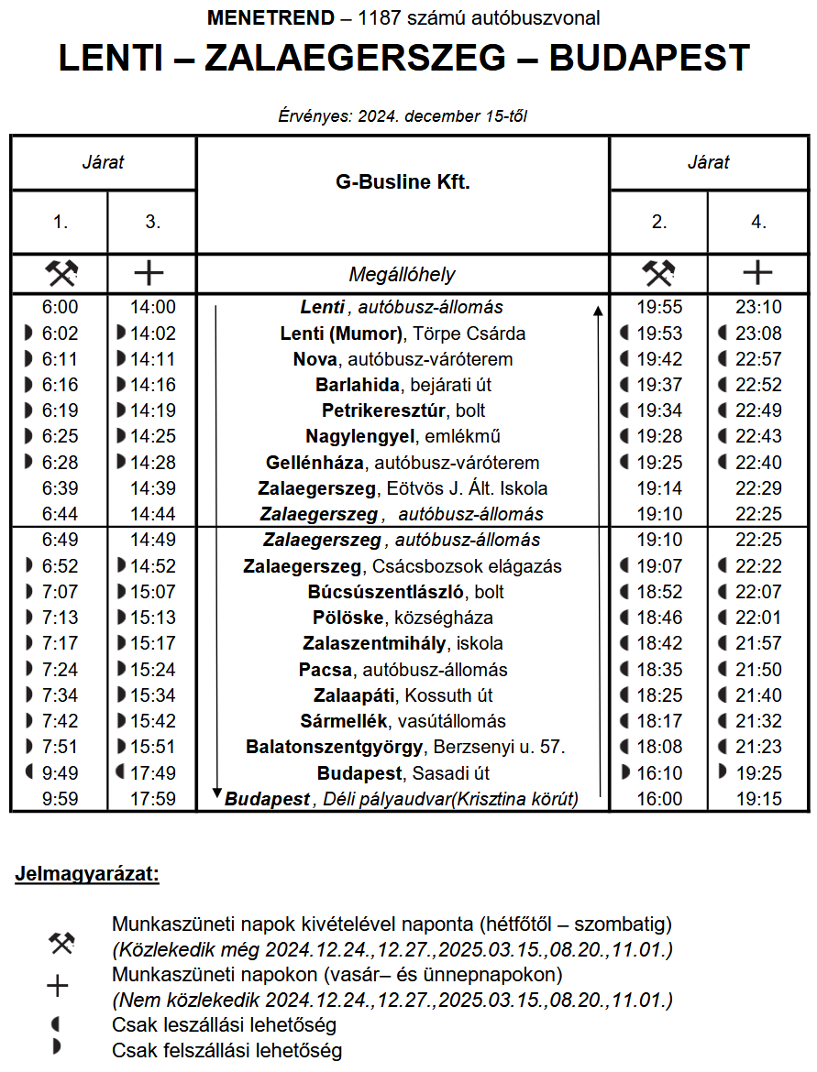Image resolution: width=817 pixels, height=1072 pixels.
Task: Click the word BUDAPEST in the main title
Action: point(649,58)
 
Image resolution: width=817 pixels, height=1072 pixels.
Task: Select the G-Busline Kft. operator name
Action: point(403,182)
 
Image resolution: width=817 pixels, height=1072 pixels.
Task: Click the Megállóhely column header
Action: point(402,274)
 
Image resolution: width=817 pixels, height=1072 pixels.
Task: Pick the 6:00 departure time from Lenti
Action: point(60,308)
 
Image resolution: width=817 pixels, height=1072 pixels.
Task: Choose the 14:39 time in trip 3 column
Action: point(152,488)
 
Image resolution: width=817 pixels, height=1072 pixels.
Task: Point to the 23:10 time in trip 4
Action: point(758,308)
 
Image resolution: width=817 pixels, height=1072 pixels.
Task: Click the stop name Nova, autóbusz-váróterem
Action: point(403,359)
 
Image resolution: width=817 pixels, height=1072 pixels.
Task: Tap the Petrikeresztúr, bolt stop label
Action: point(403,410)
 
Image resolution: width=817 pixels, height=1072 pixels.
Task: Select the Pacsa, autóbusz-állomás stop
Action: point(403,670)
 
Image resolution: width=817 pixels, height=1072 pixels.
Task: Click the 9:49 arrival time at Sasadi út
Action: point(60,773)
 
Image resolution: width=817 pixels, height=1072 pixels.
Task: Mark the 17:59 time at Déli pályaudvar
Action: point(152,799)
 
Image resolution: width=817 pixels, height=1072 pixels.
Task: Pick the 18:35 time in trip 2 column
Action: point(659,670)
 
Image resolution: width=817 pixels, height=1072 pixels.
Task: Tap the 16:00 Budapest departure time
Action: point(659,799)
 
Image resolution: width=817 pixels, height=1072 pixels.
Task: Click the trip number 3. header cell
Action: point(152,222)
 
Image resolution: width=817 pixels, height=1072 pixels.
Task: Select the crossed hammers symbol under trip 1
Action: point(61,273)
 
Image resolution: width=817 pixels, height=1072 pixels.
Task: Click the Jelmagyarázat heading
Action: point(87,874)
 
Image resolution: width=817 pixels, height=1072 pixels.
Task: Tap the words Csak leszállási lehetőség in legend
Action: point(224,1024)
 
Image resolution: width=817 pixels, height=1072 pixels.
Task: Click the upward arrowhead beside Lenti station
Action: point(598,312)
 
